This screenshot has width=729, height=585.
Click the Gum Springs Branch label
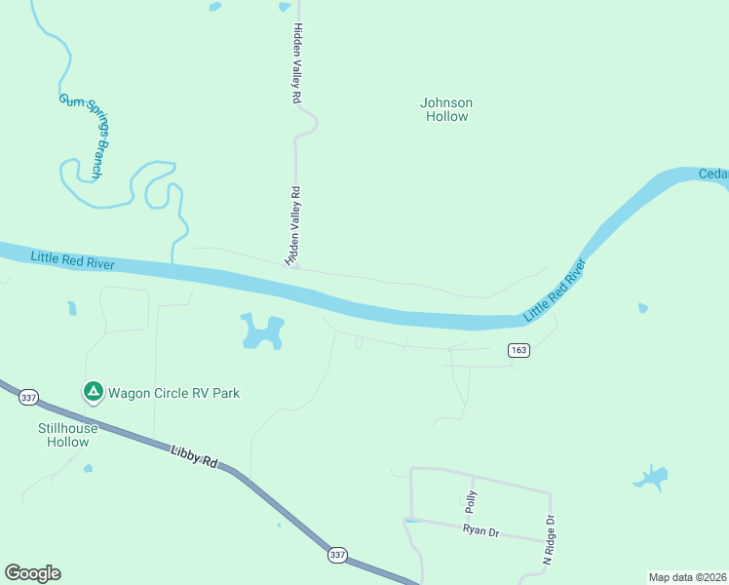coord(87,136)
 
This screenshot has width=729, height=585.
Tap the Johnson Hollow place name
coord(446,109)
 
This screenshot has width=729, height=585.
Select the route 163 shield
coord(518,350)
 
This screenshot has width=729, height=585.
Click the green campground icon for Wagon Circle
coord(93,392)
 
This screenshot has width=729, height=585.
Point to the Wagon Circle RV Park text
coord(173,393)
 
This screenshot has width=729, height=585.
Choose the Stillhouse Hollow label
coord(68,435)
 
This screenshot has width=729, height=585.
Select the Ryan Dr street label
coord(480,529)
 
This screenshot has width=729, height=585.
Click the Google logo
coord(32,573)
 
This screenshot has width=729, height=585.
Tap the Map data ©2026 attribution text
coord(687,576)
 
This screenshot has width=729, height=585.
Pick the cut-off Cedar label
coord(713,175)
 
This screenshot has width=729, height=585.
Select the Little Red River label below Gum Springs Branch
coord(72,261)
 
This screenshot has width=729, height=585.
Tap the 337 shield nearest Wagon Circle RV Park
coord(28,397)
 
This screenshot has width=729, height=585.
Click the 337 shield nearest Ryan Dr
coord(337,555)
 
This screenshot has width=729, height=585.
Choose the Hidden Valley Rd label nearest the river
coord(292,227)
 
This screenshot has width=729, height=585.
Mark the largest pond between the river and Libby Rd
coord(261,332)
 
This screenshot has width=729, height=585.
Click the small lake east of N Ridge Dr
coord(650,478)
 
